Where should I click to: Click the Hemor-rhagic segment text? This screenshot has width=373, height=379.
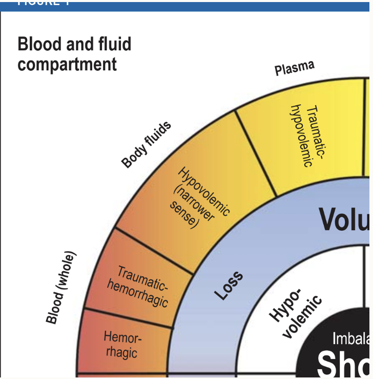121,345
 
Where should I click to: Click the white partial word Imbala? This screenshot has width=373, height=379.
350,339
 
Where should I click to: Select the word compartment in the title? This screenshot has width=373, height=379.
67,65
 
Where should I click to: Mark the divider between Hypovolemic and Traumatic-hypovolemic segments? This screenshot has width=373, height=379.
256,154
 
